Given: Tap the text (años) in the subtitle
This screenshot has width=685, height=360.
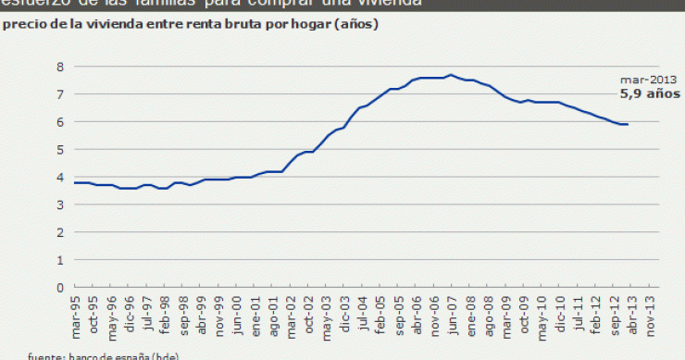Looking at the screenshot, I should click(x=356, y=25).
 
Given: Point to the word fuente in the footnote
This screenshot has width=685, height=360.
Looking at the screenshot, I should click(x=45, y=355).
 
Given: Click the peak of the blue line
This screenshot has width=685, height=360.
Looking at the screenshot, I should click(x=451, y=75).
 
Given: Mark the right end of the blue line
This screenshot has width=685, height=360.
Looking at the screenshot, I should click(x=629, y=124).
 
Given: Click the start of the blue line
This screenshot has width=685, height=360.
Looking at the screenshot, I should click(x=74, y=182).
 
